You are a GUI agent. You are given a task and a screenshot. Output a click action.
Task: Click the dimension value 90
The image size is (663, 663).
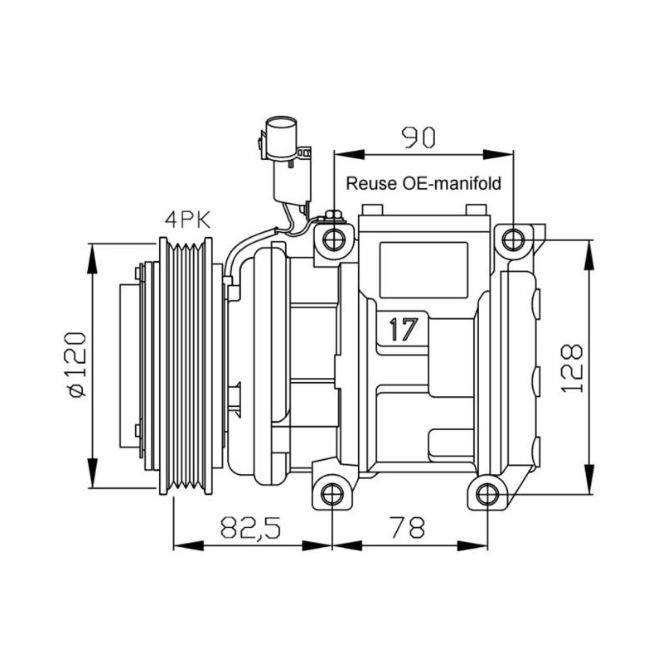click(418, 138)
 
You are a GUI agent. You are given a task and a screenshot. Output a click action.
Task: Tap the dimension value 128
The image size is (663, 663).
click(572, 368)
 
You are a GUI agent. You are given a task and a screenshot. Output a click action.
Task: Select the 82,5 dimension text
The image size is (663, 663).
click(250, 527)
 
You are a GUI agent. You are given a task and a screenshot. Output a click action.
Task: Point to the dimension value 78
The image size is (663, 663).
click(408, 527)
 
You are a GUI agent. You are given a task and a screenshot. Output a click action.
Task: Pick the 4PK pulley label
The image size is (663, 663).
click(187, 220)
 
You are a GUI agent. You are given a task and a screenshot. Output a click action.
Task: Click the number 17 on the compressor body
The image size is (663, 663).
click(404, 329)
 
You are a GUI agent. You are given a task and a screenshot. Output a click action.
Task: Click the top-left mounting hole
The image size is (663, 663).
click(334, 240)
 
